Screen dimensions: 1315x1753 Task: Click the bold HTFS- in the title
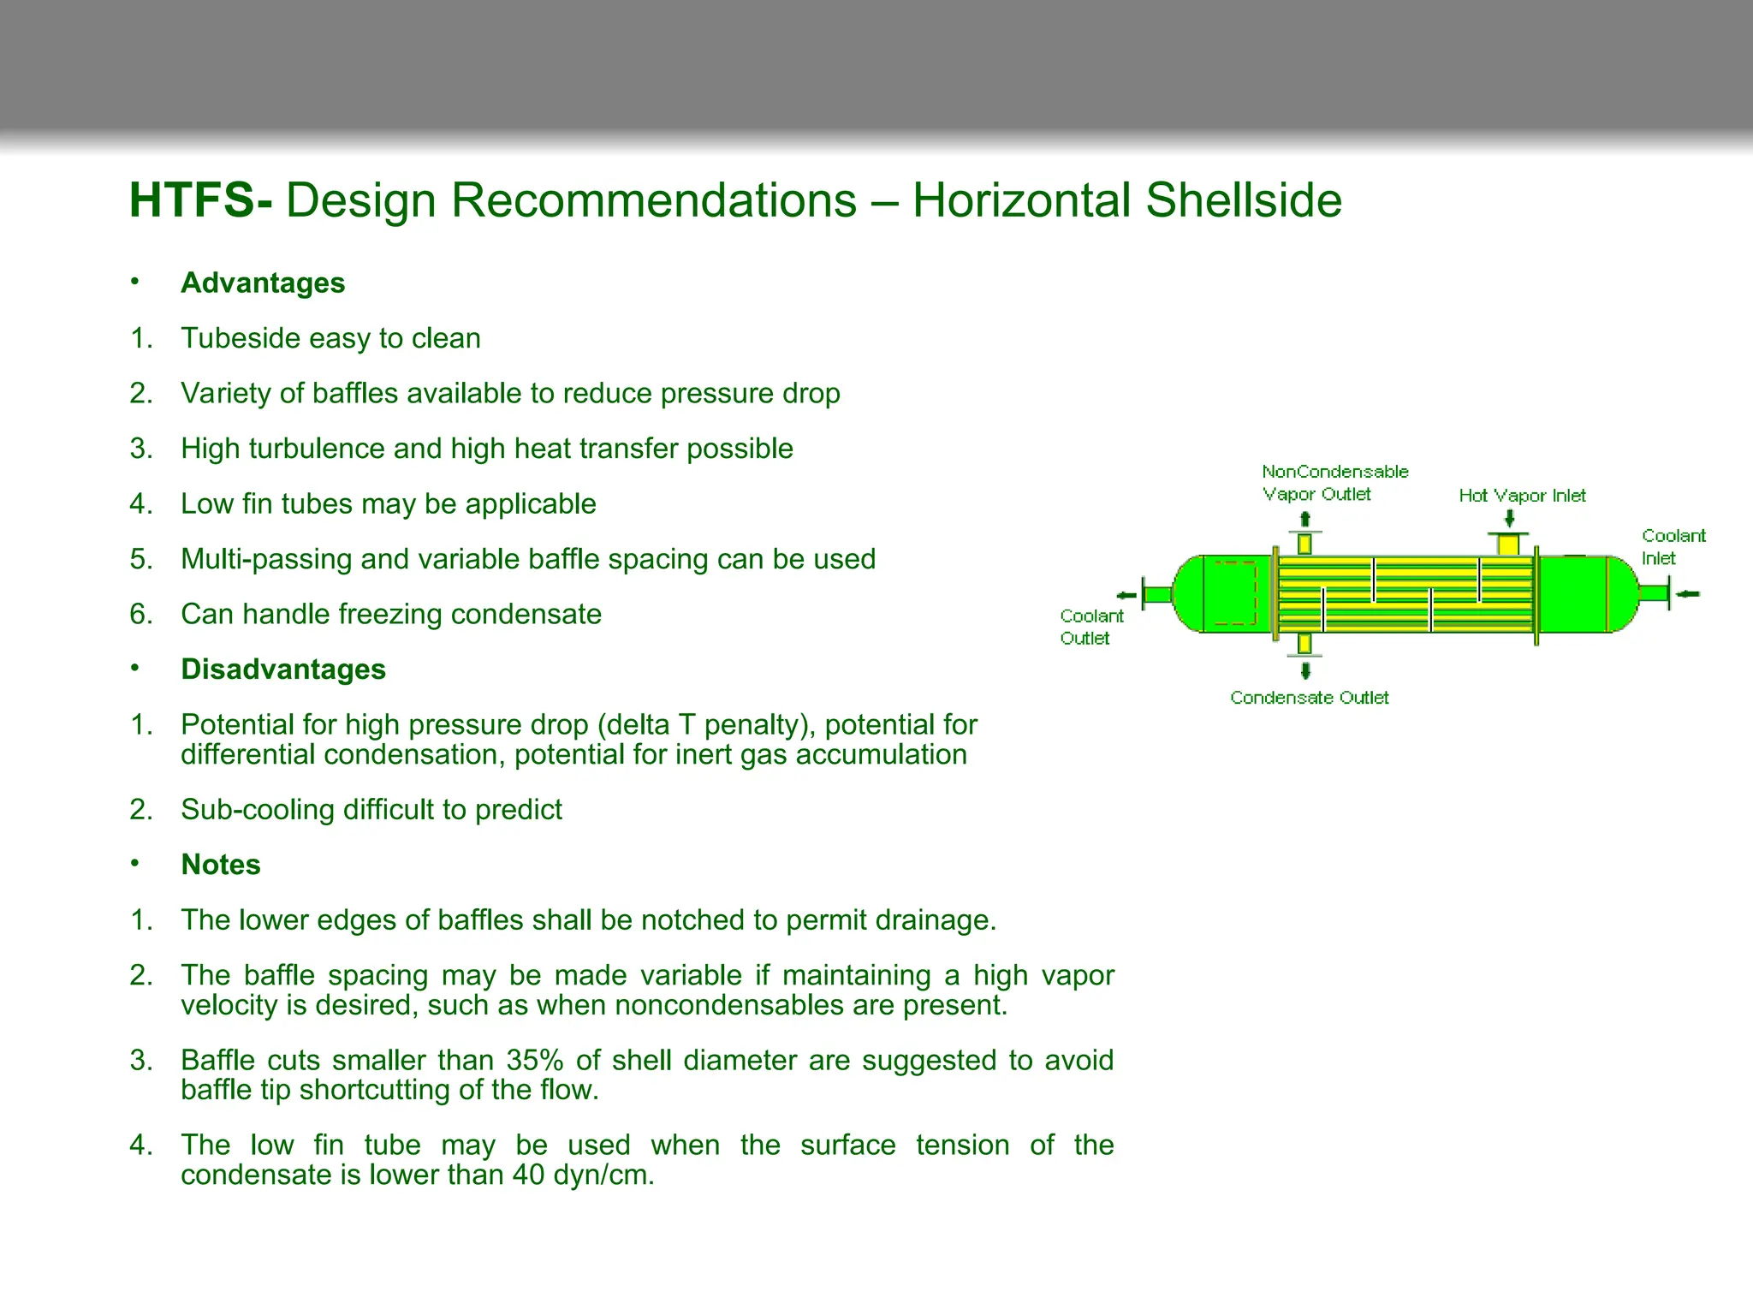pyautogui.click(x=200, y=201)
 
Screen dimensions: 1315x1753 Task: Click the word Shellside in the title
pyautogui.click(x=1243, y=201)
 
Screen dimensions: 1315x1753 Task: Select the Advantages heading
pyautogui.click(x=263, y=283)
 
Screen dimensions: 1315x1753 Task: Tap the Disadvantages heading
pyautogui.click(x=283, y=669)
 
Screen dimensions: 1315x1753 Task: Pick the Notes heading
pyautogui.click(x=220, y=865)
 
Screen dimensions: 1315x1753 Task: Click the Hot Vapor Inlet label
pyautogui.click(x=1522, y=496)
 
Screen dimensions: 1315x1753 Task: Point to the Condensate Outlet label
pyautogui.click(x=1309, y=698)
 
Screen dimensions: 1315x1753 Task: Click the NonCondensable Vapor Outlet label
pyautogui.click(x=1334, y=483)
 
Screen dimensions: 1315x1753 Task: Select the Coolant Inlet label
pyautogui.click(x=1672, y=546)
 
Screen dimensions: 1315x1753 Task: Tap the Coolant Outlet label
pyautogui.click(x=1090, y=627)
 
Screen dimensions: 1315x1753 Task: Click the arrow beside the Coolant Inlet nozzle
pyautogui.click(x=1687, y=593)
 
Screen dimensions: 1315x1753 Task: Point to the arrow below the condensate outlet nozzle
pyautogui.click(x=1305, y=669)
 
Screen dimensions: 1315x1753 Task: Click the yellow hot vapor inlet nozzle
pyautogui.click(x=1508, y=544)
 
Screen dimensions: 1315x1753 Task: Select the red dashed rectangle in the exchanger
pyautogui.click(x=1235, y=593)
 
